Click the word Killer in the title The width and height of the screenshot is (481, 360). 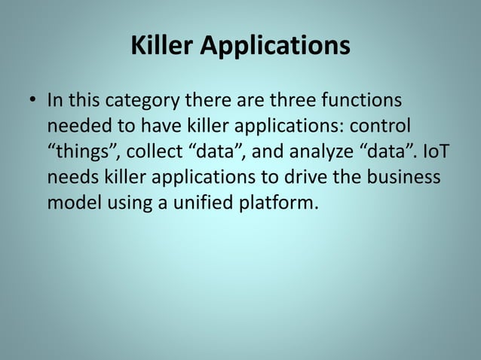(161, 46)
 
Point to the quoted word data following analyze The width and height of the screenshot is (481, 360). (389, 152)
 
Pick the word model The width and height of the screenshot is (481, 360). (72, 203)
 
